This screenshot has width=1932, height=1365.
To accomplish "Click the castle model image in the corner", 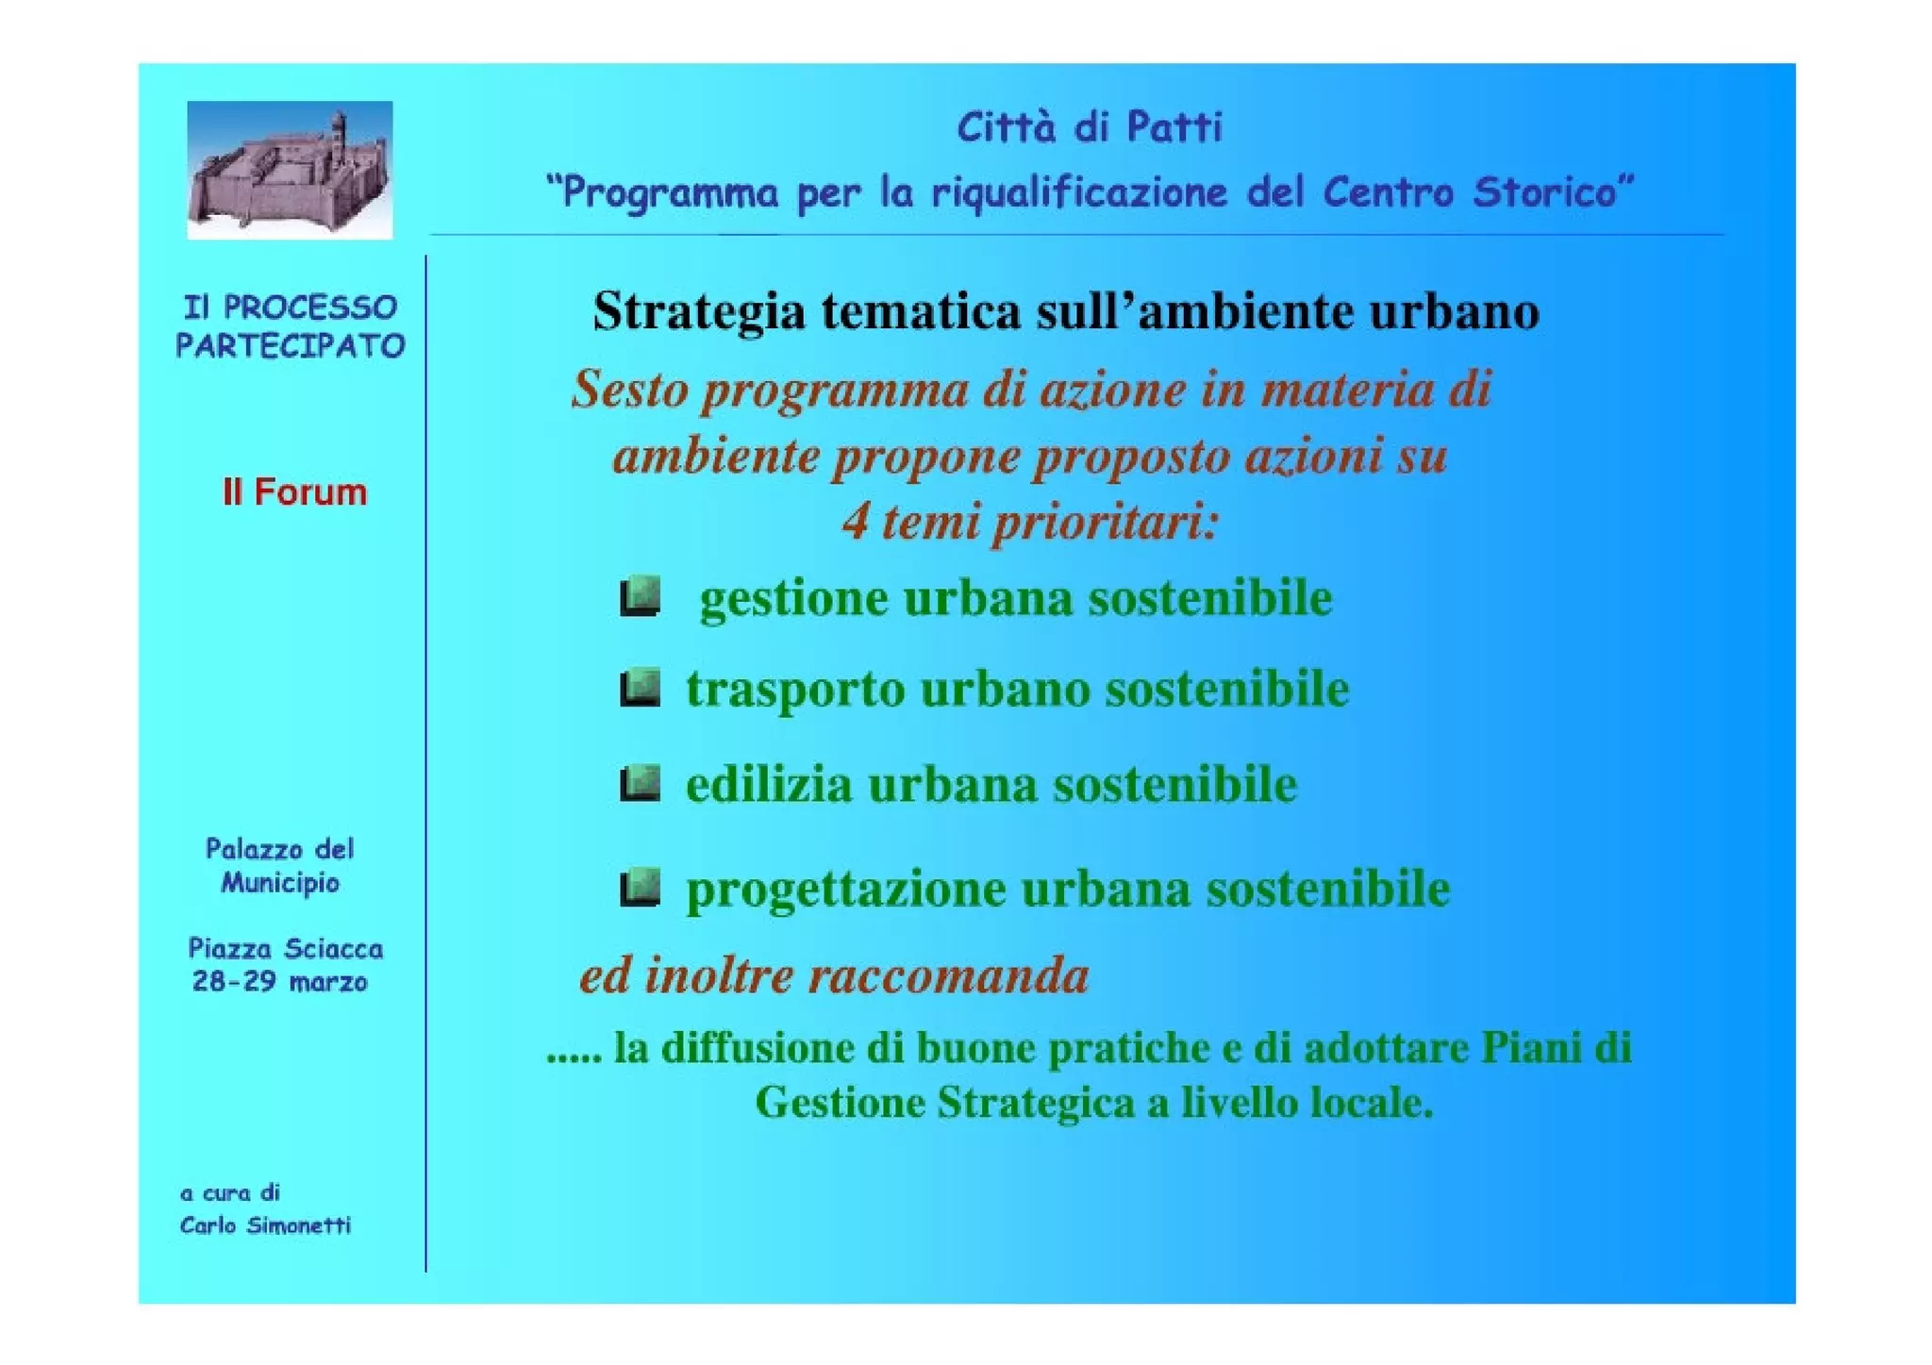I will tap(289, 170).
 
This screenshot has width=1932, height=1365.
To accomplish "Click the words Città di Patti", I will tap(1089, 127).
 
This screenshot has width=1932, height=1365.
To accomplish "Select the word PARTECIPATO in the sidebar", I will tap(290, 346).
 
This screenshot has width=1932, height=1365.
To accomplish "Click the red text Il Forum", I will tap(294, 492).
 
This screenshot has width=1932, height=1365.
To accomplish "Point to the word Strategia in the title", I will tap(698, 311).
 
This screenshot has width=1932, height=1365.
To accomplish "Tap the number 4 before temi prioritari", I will tap(855, 521).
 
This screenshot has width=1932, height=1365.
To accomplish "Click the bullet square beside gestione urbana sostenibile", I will tap(640, 597).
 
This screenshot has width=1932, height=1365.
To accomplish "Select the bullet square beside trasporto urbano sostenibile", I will tap(640, 688).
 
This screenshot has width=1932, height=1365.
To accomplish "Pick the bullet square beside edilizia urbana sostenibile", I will tap(640, 784).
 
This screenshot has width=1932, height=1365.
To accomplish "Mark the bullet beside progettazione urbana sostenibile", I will tap(640, 888).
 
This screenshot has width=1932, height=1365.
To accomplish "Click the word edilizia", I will tap(768, 785).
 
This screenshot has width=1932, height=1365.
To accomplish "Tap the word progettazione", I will tap(845, 890).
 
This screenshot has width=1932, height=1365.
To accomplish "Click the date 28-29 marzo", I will tap(279, 982).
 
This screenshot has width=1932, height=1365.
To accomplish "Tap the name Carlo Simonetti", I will tap(265, 1225).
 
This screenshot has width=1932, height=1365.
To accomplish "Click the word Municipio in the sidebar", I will tap(280, 883).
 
